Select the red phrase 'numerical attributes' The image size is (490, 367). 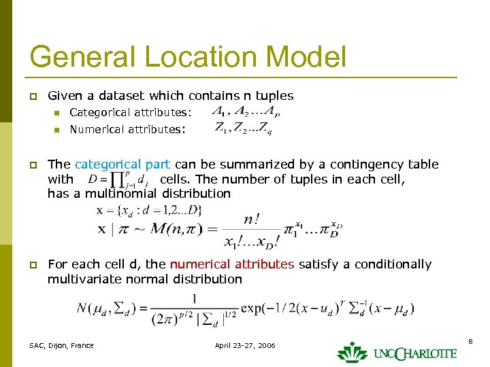[231, 264]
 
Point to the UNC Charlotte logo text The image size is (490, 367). [414, 353]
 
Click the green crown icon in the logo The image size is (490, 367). [352, 351]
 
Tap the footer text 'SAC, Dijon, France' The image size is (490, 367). [61, 345]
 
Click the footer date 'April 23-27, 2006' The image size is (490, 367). [245, 345]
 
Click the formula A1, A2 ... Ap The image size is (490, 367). [246, 111]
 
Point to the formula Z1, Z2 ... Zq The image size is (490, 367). [243, 128]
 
